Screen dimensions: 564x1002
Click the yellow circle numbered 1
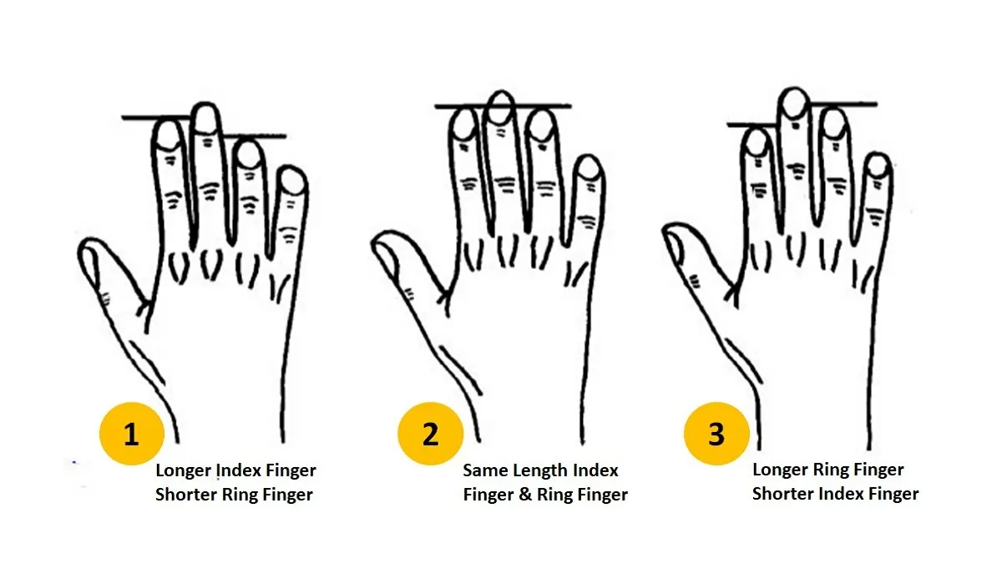click(x=131, y=434)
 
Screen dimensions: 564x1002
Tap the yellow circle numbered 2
click(x=430, y=434)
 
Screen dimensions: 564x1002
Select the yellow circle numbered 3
click(x=716, y=434)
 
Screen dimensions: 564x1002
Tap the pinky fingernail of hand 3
click(x=876, y=165)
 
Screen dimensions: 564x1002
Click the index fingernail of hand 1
click(x=169, y=134)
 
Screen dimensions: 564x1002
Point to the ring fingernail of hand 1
click(x=247, y=154)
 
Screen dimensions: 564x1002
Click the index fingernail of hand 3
click(x=757, y=141)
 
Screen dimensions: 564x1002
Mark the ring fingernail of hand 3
click(x=832, y=122)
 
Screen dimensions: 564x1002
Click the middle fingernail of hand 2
click(x=499, y=106)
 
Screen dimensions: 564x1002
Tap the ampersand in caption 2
click(x=525, y=495)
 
